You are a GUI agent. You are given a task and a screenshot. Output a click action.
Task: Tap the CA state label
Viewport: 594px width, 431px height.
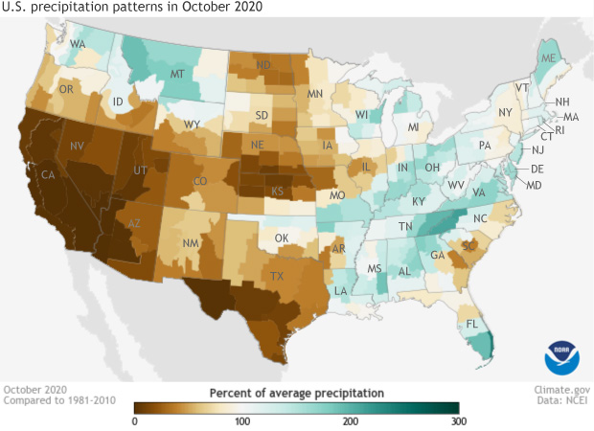[47, 174]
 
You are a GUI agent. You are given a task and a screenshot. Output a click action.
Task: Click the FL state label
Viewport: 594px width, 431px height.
[472, 324]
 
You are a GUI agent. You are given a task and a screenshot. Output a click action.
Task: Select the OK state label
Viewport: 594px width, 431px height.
[282, 238]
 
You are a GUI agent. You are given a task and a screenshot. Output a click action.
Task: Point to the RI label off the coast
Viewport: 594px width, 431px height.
[560, 129]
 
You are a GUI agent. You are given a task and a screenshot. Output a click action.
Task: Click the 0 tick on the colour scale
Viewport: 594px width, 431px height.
[135, 420]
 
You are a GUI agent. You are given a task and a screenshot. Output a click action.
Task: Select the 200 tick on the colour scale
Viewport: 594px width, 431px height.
[351, 420]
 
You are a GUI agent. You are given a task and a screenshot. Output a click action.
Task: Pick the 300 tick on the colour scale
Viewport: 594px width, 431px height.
[458, 420]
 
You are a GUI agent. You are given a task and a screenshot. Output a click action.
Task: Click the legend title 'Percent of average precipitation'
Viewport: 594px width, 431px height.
[296, 393]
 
